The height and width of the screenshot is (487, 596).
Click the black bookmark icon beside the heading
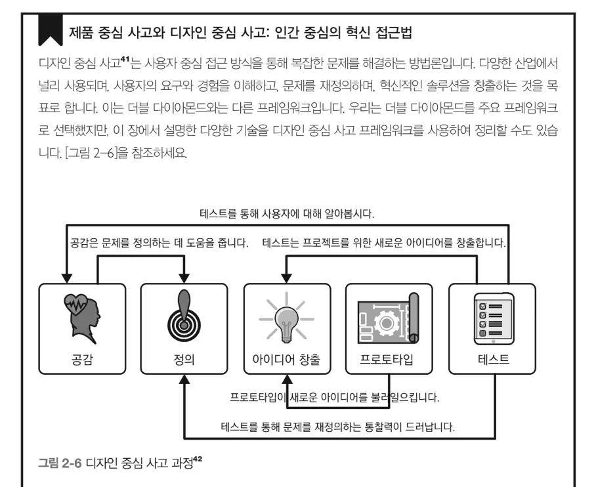(x=51, y=30)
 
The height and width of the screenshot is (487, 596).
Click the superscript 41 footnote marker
(x=125, y=59)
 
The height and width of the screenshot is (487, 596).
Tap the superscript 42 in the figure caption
(x=198, y=459)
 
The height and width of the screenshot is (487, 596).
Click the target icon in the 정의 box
(x=184, y=316)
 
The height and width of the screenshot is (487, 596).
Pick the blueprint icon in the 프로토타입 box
(x=389, y=318)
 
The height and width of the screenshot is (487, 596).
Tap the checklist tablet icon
(x=494, y=318)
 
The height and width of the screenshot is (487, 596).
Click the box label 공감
(x=82, y=359)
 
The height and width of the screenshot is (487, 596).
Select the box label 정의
(x=184, y=359)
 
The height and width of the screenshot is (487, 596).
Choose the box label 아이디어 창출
(x=287, y=359)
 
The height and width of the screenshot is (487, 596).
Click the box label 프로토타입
(x=387, y=359)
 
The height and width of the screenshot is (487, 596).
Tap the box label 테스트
(x=494, y=359)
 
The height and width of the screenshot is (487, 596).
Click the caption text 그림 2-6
(x=60, y=463)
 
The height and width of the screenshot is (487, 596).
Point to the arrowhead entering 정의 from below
(x=184, y=379)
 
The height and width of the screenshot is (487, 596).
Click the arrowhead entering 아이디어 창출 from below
(x=287, y=379)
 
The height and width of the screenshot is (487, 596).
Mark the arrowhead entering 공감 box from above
(x=67, y=278)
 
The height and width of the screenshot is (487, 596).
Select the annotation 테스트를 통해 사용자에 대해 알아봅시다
(x=287, y=214)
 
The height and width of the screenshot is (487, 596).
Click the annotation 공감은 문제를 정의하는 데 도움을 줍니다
(x=160, y=243)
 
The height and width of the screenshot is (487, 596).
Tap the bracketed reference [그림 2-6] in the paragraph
(x=91, y=153)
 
